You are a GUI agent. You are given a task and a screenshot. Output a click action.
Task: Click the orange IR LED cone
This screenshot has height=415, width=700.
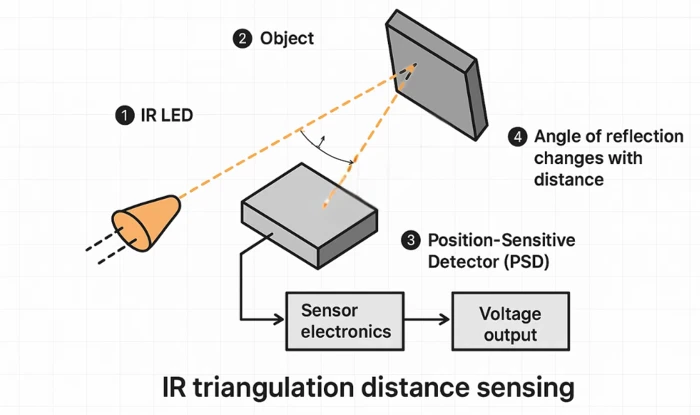(146, 221)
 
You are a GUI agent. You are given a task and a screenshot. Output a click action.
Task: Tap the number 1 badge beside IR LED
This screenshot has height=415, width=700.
(124, 116)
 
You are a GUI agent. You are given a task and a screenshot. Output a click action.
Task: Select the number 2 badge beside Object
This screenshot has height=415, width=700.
(242, 39)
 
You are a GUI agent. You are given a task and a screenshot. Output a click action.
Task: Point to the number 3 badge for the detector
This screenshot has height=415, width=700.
(411, 240)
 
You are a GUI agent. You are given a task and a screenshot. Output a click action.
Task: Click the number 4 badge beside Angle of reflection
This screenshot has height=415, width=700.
(517, 136)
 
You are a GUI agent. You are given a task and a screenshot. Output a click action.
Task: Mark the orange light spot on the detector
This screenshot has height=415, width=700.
(325, 205)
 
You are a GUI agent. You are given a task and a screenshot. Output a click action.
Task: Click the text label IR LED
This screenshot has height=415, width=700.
(165, 116)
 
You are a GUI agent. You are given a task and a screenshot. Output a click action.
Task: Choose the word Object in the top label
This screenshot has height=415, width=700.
(287, 39)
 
